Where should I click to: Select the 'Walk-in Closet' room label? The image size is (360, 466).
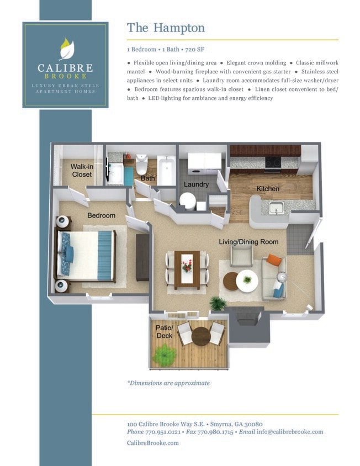click(82, 170)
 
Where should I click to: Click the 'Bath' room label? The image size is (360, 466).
click(148, 178)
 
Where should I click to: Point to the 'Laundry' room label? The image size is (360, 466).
click(196, 184)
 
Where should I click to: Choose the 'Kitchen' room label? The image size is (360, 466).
click(268, 189)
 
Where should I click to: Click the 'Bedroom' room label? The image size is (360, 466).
click(101, 215)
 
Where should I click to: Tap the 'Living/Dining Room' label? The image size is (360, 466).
click(248, 242)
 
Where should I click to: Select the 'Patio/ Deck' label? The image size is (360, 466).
click(164, 331)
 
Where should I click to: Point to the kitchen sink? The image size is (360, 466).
click(276, 208)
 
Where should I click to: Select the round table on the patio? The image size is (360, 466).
click(201, 335)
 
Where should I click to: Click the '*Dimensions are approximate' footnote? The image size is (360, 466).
click(168, 383)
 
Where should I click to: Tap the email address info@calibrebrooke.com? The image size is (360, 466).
click(289, 432)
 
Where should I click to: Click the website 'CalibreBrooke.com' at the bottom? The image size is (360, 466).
click(153, 443)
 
